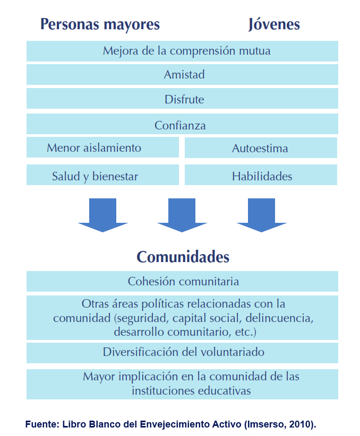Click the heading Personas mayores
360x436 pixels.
pos(100,24)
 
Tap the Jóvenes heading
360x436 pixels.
pos(274,24)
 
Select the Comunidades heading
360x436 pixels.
pos(183,257)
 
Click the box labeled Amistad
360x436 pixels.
pos(182,74)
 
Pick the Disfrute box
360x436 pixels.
pos(182,99)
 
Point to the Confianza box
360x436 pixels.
pos(182,124)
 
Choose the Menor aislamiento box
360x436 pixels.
pos(102,147)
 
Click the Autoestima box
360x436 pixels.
pos(261,147)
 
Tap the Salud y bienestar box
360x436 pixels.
pos(102,175)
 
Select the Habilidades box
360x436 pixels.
pos(261,175)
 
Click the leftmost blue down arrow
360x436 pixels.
pos(102,215)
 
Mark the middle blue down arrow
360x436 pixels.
pos(182,215)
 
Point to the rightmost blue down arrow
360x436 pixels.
pos(261,215)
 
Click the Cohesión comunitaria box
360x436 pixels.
pos(182,282)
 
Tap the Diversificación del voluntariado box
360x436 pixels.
pos(182,353)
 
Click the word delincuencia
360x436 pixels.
pos(279,318)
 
